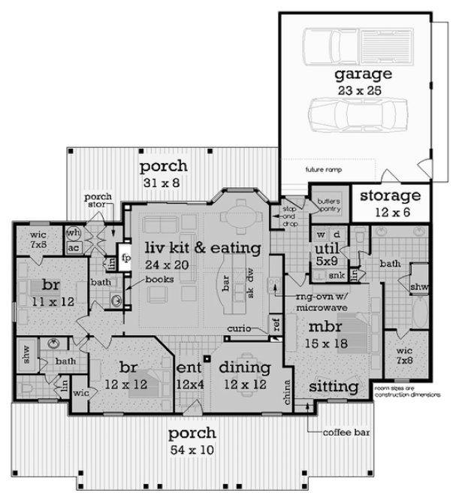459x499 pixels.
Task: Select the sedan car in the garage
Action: tap(354, 120)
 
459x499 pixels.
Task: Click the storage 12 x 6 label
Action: tap(388, 203)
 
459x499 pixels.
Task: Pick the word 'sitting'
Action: tap(334, 387)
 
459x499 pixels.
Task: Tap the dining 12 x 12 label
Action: tap(244, 376)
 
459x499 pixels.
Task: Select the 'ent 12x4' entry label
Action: tap(189, 377)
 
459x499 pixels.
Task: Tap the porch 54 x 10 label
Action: tap(192, 442)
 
